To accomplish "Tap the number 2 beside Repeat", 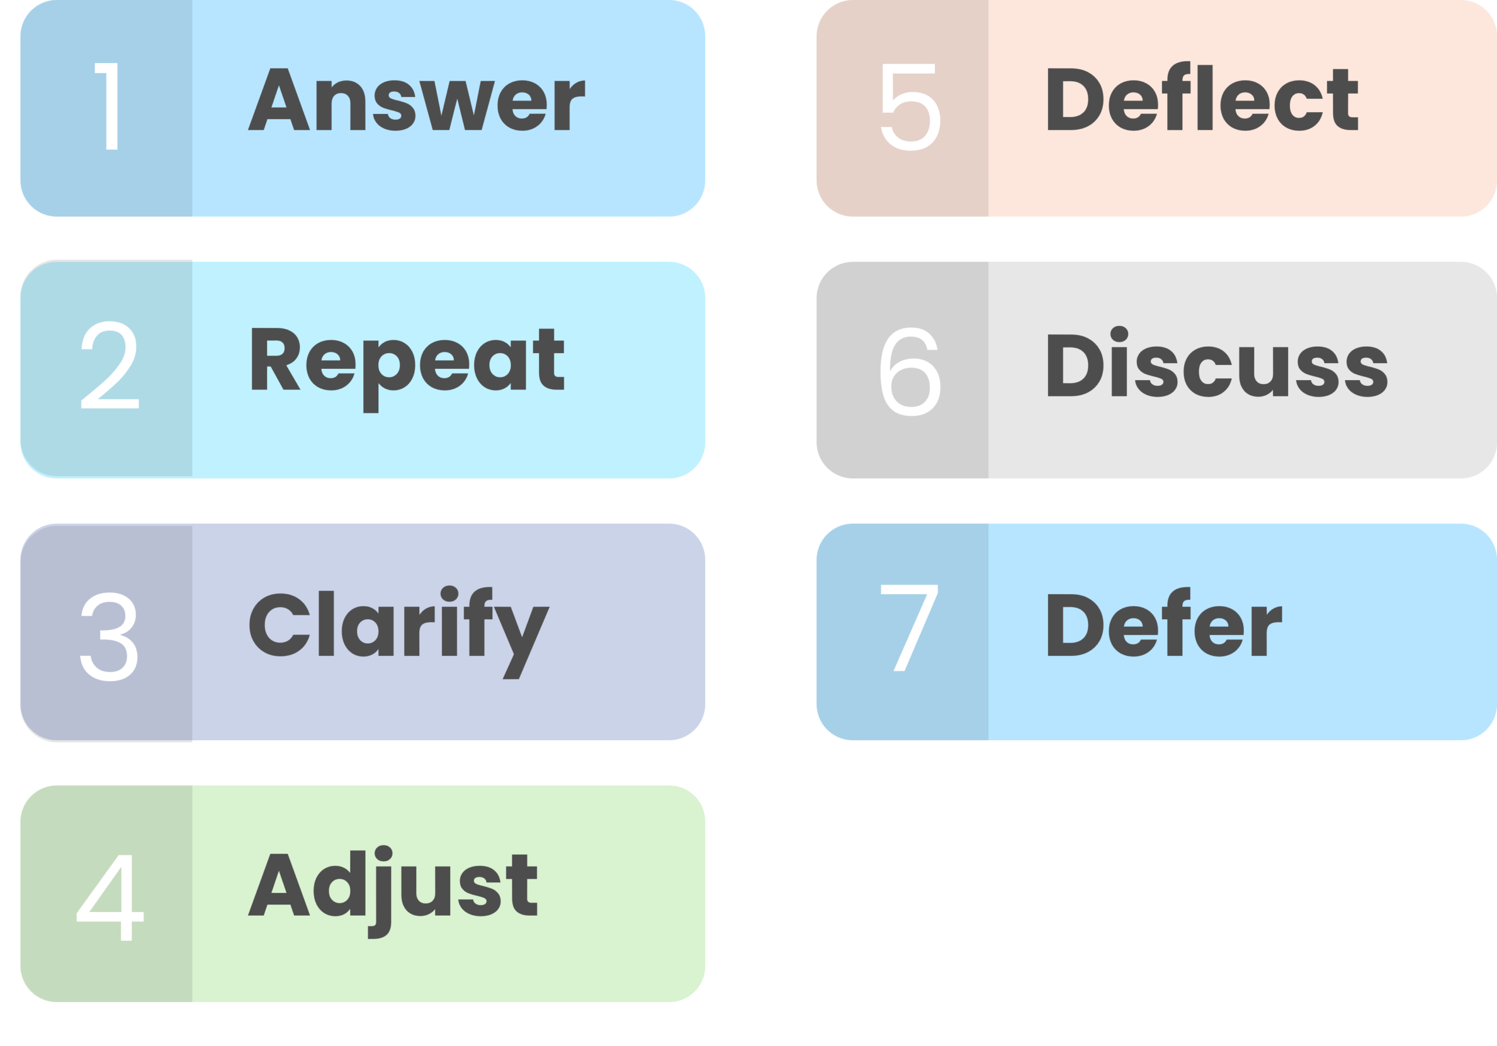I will pyautogui.click(x=109, y=365).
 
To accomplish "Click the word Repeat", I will pyautogui.click(x=407, y=363).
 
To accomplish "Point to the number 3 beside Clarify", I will pyautogui.click(x=109, y=636).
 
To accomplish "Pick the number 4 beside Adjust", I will pyautogui.click(x=109, y=898).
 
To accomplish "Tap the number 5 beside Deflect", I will pyautogui.click(x=910, y=106).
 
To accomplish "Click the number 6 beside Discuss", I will pyautogui.click(x=910, y=371).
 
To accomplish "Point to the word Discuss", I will pyautogui.click(x=1217, y=364).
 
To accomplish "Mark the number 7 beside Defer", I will pyautogui.click(x=909, y=627).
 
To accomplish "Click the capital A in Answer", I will pyautogui.click(x=278, y=100).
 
